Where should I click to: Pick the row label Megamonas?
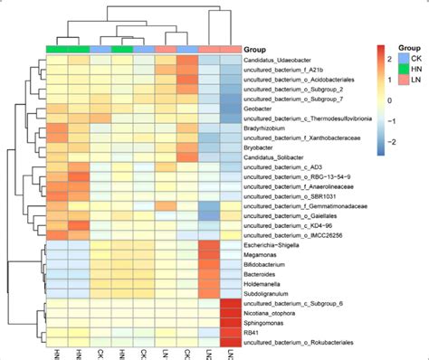point(262,255)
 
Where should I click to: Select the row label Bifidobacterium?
point(269,265)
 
